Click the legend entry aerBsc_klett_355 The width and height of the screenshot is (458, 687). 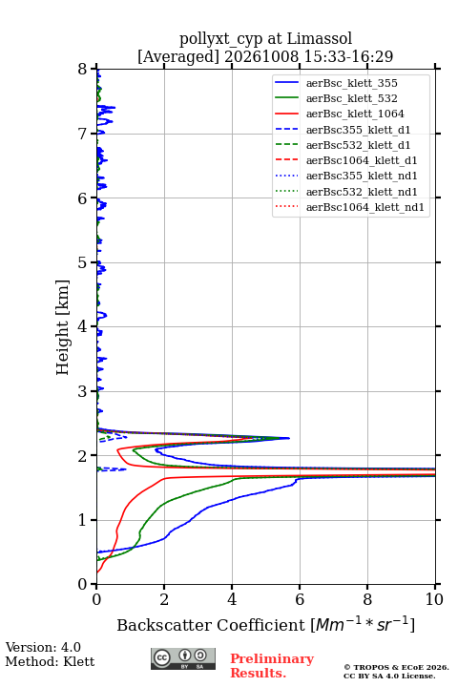[336, 83]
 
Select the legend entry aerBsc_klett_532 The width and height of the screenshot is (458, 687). [336, 98]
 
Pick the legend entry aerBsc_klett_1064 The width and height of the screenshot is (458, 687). [340, 114]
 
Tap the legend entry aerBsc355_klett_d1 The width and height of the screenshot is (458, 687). [343, 130]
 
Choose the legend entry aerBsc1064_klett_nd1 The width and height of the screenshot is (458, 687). [349, 207]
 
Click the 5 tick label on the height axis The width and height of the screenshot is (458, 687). [83, 262]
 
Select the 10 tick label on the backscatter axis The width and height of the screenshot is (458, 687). [434, 599]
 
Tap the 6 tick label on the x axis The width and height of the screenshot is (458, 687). [300, 599]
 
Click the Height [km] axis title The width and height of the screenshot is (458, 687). [62, 327]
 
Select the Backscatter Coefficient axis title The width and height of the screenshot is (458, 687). [265, 624]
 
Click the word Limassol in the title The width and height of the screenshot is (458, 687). [320, 38]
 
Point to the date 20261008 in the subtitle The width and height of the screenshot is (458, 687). [261, 56]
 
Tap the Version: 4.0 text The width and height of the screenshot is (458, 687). [43, 647]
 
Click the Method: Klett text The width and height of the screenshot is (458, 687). [50, 661]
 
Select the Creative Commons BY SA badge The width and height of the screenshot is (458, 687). [183, 658]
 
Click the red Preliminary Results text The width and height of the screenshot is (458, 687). [272, 666]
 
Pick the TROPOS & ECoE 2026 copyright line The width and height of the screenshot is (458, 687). [396, 667]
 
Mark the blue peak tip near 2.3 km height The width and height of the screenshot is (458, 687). [289, 438]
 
